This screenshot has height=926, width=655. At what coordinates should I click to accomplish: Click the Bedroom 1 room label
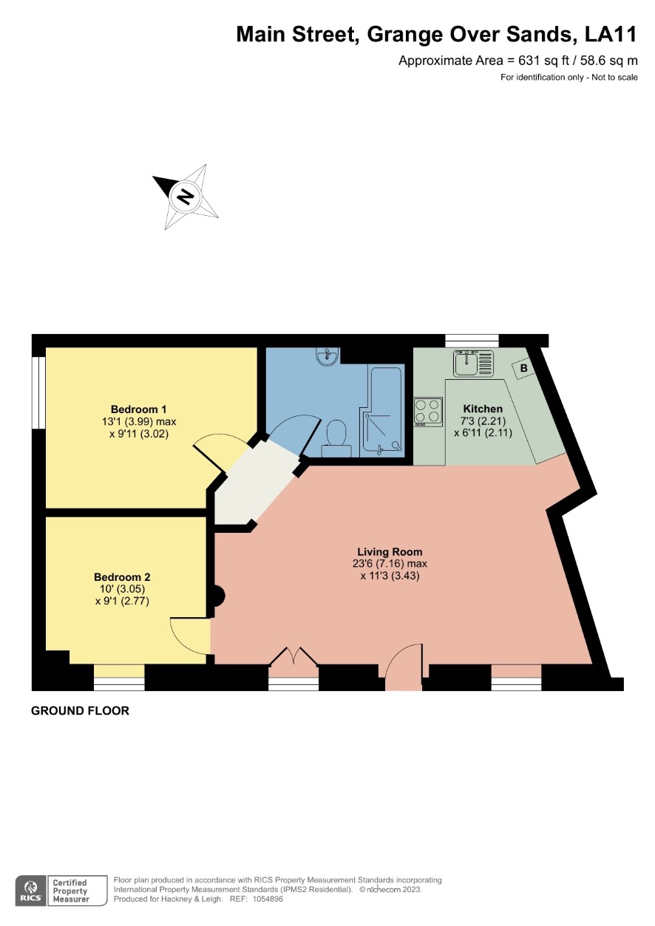point(138,409)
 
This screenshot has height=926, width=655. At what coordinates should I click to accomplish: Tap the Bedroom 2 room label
point(122,576)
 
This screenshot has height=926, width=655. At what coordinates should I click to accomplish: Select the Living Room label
point(390,551)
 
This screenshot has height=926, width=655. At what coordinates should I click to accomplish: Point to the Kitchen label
point(483,409)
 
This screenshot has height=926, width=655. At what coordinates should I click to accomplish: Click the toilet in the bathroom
point(336,439)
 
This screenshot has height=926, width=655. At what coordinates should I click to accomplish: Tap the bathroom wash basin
point(327,356)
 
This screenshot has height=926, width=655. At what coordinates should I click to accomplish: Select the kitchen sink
point(473,364)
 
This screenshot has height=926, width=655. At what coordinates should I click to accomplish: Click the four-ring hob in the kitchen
point(428,412)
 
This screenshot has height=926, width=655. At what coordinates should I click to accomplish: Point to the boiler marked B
point(523,368)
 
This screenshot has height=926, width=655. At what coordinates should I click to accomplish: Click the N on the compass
point(186,197)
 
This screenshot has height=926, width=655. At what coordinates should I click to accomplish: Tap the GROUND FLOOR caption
point(81,711)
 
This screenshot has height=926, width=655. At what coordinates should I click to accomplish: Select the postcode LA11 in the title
point(611,35)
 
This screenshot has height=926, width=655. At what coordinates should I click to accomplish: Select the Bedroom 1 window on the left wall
point(39,392)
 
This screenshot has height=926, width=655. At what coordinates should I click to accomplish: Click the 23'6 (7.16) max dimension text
point(389,563)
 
